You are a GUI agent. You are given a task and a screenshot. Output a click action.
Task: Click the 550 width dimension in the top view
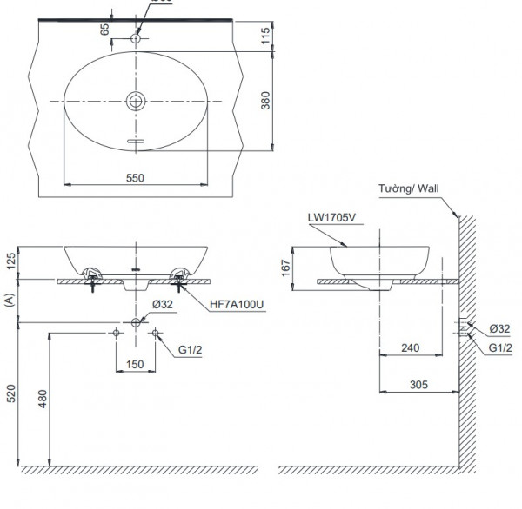pos(134,177)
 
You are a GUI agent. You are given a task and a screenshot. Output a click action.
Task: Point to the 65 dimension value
pos(105,28)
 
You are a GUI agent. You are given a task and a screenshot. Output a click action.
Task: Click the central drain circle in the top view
pos(136,101)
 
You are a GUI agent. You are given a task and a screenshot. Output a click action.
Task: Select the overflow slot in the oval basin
pos(136,139)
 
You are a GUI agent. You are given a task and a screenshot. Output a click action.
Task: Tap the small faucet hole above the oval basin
pos(136,37)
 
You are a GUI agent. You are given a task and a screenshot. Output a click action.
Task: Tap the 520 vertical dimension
pos(10,395)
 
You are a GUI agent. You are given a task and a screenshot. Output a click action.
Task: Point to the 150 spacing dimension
pos(135,365)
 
